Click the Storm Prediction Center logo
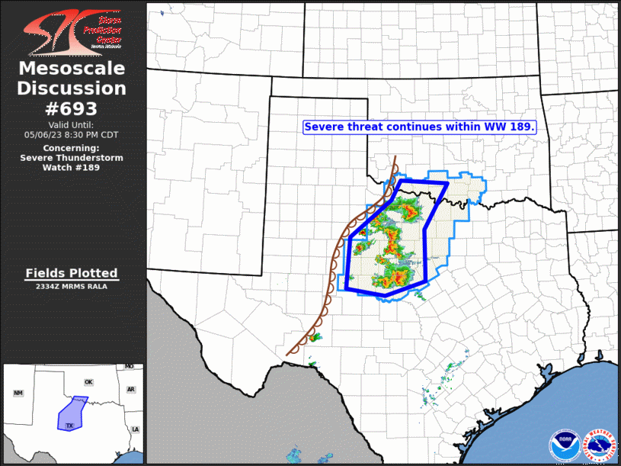tap(72, 31)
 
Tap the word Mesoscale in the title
tap(72, 69)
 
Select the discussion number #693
tap(72, 108)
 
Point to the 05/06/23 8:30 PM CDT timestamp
tap(72, 134)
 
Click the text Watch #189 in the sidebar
tap(72, 167)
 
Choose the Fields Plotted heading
tap(72, 273)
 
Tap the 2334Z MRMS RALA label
tap(72, 287)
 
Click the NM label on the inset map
tap(18, 393)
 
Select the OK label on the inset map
tap(88, 382)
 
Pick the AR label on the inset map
tap(130, 389)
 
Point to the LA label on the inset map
tap(136, 429)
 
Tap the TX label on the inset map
tap(70, 425)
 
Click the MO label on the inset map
tap(129, 367)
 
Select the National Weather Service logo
tap(599, 445)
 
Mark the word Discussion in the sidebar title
tap(72, 88)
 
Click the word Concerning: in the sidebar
tap(72, 148)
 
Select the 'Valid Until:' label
tap(72, 124)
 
